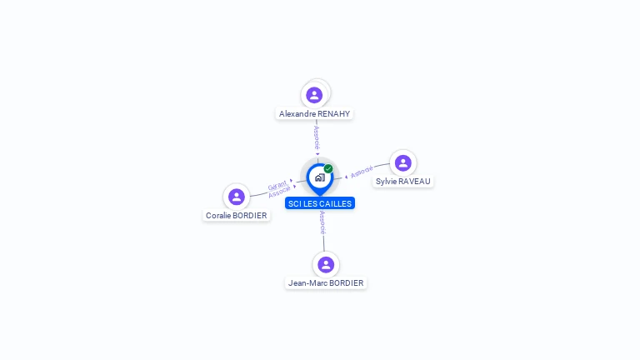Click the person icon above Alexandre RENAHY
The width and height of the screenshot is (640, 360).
coord(314,94)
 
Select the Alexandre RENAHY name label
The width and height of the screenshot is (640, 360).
coord(315,113)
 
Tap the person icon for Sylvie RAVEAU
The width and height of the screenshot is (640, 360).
coord(403,162)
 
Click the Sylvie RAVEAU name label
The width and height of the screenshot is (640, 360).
coord(403,181)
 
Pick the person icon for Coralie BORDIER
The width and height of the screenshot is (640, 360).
coord(237,197)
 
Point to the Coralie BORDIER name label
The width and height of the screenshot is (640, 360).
coord(237,215)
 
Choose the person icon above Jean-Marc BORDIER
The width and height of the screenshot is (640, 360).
coord(326,264)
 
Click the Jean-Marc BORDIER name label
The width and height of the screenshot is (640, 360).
coord(326,282)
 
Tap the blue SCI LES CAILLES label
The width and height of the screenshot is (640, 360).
coord(320,203)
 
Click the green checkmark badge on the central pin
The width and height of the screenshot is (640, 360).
coord(328,169)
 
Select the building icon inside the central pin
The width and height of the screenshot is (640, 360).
coord(319,177)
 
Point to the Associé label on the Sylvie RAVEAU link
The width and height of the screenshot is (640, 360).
coord(362,172)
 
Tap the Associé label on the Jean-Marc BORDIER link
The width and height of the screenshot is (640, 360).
coord(322,222)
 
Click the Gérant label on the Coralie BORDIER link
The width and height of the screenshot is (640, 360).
coord(277,185)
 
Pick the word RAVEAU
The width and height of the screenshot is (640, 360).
coord(415,181)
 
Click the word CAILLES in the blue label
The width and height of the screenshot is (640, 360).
coord(335,203)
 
